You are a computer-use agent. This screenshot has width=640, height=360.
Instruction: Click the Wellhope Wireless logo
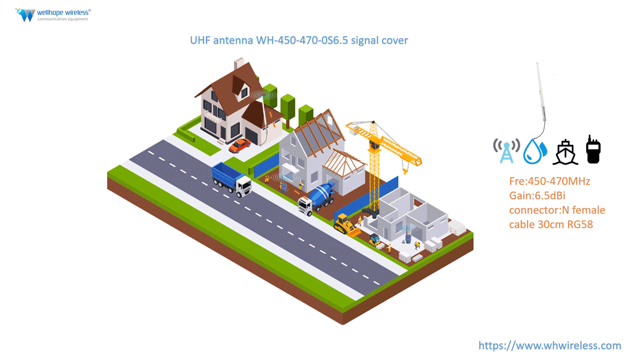pyautogui.click(x=53, y=14)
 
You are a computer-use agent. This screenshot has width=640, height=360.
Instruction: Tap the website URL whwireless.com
pyautogui.click(x=549, y=346)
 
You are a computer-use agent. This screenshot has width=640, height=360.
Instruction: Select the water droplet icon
pyautogui.click(x=535, y=151)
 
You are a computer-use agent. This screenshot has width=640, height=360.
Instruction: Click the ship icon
pyautogui.click(x=565, y=152)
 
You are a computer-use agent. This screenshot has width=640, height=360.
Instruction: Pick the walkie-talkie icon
pyautogui.click(x=593, y=149)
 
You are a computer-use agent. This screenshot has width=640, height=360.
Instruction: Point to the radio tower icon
pyautogui.click(x=506, y=151)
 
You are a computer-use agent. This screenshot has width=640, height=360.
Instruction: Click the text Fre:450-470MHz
pyautogui.click(x=549, y=181)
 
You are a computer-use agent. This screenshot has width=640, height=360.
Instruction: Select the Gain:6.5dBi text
pyautogui.click(x=537, y=196)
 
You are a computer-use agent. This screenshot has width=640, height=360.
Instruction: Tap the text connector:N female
pyautogui.click(x=557, y=210)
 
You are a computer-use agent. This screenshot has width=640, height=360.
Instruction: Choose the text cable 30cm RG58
pyautogui.click(x=551, y=224)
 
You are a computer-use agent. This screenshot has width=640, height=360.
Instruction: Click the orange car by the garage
pyautogui.click(x=240, y=145)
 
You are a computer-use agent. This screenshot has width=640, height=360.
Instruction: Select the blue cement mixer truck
pyautogui.click(x=317, y=198)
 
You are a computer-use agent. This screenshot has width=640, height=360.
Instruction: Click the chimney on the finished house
pyautogui.click(x=239, y=64)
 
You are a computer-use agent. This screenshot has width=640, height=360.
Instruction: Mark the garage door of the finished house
pyautogui.click(x=253, y=136)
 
